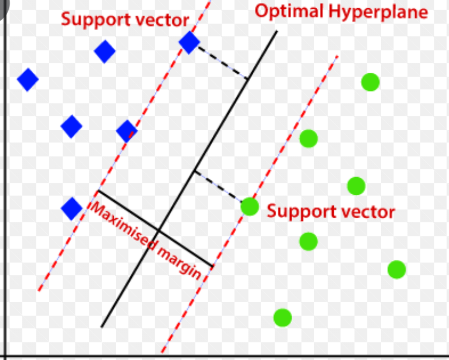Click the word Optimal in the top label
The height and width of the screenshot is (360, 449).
tap(289, 12)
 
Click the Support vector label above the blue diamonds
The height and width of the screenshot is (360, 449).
tap(125, 20)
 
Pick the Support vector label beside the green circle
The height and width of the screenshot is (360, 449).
tap(331, 212)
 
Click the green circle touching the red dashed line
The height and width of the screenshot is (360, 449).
tap(250, 207)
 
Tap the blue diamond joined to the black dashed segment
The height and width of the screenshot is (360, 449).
tap(189, 43)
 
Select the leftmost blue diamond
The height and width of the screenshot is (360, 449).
tap(28, 79)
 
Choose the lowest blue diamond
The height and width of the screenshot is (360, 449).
tap(72, 209)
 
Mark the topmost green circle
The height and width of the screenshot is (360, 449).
tap(371, 82)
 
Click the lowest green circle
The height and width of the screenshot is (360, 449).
tap(282, 317)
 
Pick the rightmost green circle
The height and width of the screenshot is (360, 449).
tap(397, 270)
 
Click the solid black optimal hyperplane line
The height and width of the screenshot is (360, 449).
tap(189, 179)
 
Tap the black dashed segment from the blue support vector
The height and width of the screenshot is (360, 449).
tap(223, 63)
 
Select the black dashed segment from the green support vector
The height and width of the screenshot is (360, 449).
tap(218, 186)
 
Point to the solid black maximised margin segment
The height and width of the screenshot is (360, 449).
tap(156, 229)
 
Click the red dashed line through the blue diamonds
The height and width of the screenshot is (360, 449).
tap(125, 145)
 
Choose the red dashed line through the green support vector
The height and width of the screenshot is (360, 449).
tap(250, 204)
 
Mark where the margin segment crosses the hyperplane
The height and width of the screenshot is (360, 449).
tap(159, 230)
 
